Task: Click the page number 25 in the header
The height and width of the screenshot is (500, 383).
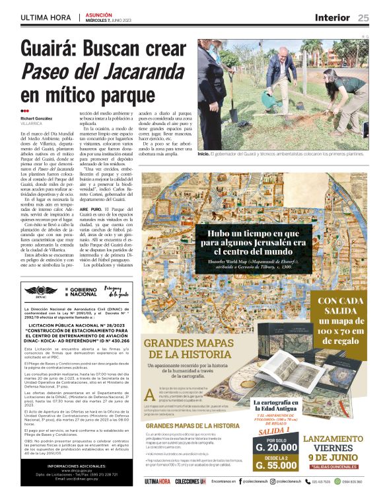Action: (363, 17)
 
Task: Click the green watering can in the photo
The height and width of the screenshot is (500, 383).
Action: (269, 101)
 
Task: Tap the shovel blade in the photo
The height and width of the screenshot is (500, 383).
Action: (234, 116)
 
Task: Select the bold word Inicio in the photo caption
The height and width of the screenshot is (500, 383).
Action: (203, 152)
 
